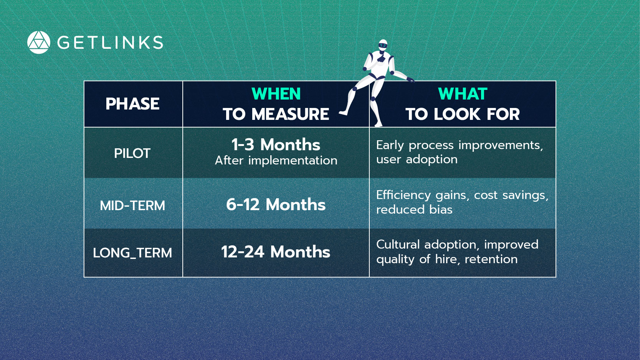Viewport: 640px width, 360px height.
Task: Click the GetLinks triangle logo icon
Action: click(x=38, y=42)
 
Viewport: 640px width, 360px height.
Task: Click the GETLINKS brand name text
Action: click(x=110, y=43)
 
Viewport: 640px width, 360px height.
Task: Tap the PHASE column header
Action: click(x=132, y=104)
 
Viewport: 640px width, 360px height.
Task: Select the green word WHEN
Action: click(x=276, y=94)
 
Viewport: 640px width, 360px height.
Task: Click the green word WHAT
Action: click(x=463, y=94)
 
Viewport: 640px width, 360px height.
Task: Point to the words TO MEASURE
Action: click(x=276, y=114)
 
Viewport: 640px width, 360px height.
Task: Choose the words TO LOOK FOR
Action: click(x=463, y=114)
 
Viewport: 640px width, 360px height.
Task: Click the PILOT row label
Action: click(x=132, y=154)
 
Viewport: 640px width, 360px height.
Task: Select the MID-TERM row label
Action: click(x=132, y=206)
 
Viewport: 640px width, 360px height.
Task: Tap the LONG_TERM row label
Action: click(x=132, y=253)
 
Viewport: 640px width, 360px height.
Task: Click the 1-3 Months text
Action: click(x=276, y=144)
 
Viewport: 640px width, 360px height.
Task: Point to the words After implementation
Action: click(x=276, y=161)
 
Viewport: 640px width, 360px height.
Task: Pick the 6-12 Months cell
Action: click(x=276, y=204)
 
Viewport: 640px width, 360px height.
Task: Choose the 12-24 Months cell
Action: click(x=276, y=252)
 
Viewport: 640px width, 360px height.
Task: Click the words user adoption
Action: click(x=417, y=159)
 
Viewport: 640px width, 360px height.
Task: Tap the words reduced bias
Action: click(x=414, y=210)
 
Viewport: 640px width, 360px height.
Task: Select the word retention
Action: click(x=491, y=259)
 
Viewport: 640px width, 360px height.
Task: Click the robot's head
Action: click(x=383, y=45)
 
